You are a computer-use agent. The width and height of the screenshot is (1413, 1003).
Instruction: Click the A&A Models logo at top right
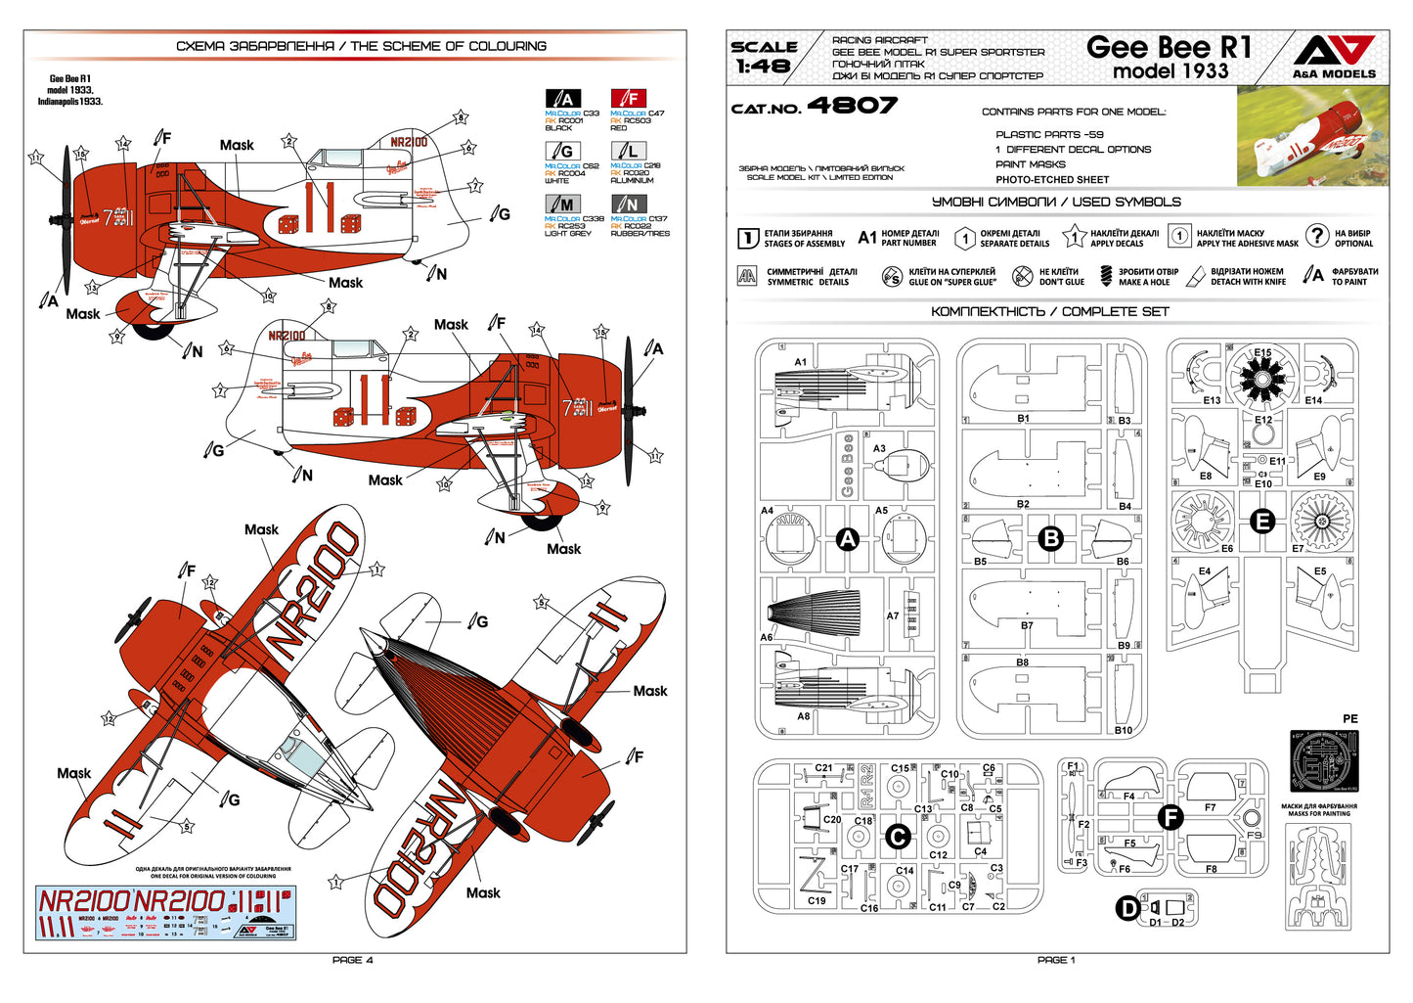coord(1334,56)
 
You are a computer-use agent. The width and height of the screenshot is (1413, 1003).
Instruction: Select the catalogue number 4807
coord(851,106)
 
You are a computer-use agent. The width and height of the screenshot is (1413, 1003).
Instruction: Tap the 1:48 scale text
coord(764,57)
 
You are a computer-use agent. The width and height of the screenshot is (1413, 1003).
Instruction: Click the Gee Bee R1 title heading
coord(1169,47)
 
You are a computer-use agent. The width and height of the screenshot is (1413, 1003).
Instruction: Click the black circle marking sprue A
coord(847,538)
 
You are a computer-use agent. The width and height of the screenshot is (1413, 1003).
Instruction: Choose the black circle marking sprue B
coord(1050,538)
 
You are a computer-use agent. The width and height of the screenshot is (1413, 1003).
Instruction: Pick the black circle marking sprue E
coord(1262,521)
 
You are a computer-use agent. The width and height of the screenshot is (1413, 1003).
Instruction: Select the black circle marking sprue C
coord(897,837)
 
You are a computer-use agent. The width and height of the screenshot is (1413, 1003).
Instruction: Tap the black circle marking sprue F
coord(1170,818)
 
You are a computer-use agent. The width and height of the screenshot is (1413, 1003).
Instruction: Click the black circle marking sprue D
coord(1127,908)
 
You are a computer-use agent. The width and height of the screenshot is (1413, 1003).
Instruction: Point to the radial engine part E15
coord(1262,377)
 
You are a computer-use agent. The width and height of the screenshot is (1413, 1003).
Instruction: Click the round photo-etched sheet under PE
coord(1324,760)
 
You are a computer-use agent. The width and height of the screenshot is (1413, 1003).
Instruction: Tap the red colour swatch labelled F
coord(628,98)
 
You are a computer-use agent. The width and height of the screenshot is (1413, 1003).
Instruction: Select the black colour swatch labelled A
coord(562,98)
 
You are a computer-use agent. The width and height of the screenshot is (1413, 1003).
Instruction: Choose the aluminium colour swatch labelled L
coord(628,151)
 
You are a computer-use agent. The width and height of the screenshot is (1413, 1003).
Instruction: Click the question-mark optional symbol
coord(1317,236)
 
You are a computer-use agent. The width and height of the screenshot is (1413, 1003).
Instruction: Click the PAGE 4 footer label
coord(353,960)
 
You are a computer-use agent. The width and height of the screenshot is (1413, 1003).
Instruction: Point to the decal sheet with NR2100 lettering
coord(165,913)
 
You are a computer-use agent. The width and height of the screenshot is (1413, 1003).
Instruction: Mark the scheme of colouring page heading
coord(361,46)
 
